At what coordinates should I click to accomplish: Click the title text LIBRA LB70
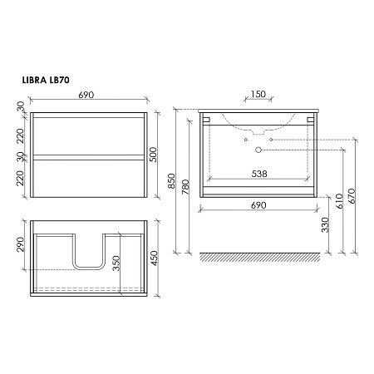(x=46, y=80)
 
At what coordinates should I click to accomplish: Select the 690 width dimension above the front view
(x=86, y=95)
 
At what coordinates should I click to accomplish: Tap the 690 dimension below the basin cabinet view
(x=258, y=205)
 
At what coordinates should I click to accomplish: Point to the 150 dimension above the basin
(x=258, y=94)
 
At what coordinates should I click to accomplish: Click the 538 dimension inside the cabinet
(x=259, y=174)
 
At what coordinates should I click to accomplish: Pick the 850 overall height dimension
(x=172, y=181)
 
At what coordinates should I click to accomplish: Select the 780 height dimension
(x=185, y=187)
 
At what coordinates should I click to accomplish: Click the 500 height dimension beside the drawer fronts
(x=153, y=155)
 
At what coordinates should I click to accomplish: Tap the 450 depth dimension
(x=154, y=258)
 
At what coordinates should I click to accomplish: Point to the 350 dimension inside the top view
(x=116, y=263)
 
